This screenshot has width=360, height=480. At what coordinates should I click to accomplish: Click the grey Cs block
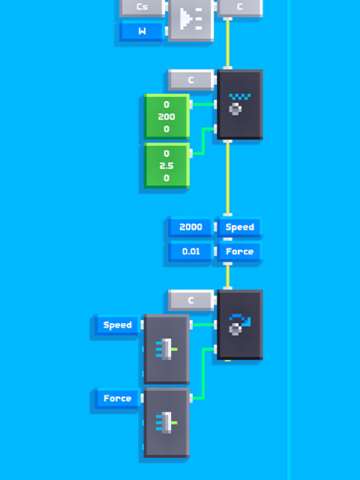142,7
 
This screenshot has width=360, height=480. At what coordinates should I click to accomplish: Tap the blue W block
142,31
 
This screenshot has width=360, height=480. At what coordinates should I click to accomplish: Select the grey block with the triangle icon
190,19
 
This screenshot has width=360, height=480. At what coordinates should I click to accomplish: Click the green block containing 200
166,117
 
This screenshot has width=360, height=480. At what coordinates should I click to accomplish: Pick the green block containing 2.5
166,166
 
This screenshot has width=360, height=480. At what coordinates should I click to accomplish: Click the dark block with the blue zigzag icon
240,104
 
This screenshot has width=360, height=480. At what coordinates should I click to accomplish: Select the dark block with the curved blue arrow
240,325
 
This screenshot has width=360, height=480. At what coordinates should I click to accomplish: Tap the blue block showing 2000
190,226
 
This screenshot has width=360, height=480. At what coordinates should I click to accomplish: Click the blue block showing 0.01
190,251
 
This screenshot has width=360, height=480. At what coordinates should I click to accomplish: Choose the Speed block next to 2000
240,226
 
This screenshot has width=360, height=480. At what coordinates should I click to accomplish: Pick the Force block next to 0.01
240,251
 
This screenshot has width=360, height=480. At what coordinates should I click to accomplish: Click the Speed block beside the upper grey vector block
118,325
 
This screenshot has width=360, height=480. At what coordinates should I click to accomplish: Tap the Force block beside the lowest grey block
118,398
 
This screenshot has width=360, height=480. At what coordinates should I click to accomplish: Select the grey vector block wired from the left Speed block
166,349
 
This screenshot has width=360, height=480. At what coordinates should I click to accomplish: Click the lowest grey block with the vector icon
166,422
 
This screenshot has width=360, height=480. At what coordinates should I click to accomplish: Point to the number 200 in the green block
166,117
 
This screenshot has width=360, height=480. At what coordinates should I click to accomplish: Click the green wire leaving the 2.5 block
203,141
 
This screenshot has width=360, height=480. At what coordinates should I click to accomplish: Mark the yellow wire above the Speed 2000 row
227,178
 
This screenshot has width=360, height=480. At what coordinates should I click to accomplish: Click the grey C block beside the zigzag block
190,80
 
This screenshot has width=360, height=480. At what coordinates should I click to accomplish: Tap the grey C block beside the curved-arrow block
190,300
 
